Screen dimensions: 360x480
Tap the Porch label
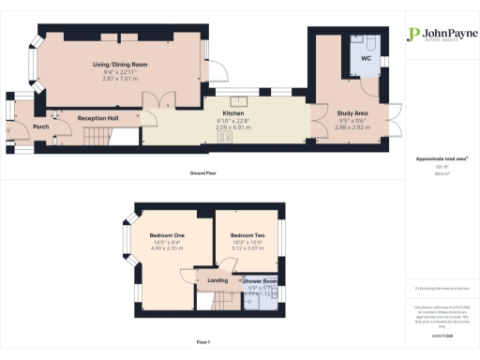click(40, 127)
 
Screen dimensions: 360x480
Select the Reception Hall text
click(97, 118)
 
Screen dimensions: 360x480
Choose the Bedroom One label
click(167, 234)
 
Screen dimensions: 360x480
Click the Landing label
click(218, 281)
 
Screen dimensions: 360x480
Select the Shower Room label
click(260, 281)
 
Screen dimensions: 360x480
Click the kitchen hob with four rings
click(226, 137)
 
